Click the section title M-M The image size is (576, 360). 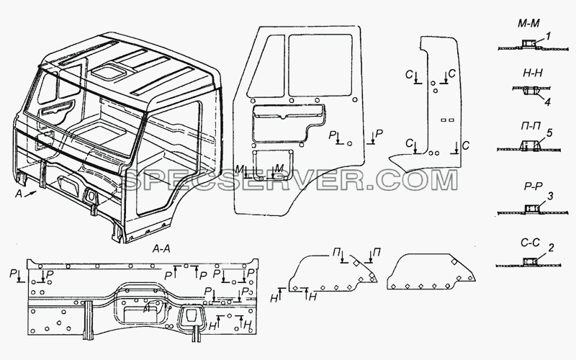(x=528, y=24)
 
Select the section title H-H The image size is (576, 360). (x=532, y=73)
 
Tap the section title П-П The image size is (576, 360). (x=531, y=127)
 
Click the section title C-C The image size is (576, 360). (x=530, y=243)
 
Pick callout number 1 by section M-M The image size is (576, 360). (x=548, y=37)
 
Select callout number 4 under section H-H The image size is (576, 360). (x=547, y=102)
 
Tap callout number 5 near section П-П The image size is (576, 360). (x=549, y=133)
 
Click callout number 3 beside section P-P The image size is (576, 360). (x=550, y=197)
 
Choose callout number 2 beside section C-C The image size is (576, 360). (x=551, y=248)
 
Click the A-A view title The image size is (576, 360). (x=161, y=249)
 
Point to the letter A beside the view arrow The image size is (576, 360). (x=19, y=194)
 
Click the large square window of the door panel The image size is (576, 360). (x=320, y=65)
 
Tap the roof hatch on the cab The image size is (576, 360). (x=107, y=71)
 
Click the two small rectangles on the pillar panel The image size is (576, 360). (x=447, y=120)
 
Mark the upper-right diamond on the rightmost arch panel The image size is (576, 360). (x=454, y=262)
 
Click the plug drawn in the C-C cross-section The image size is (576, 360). (x=528, y=261)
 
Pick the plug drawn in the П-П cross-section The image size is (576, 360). (x=529, y=145)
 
